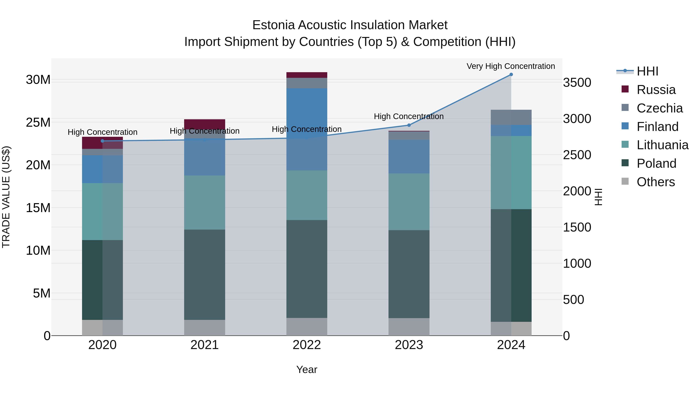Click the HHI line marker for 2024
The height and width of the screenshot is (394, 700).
point(511,75)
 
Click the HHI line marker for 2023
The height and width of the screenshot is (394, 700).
point(409,125)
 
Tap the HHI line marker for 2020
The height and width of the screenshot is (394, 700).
point(102,141)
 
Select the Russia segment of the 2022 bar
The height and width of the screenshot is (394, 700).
point(307,75)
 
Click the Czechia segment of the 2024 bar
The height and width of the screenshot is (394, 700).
point(511,118)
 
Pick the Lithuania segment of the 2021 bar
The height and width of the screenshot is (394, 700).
point(205,203)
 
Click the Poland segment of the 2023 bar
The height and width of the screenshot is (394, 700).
point(409,274)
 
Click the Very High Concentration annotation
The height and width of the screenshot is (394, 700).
point(511,66)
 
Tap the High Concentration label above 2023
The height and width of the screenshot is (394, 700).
point(409,116)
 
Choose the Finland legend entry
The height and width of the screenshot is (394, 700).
point(657,127)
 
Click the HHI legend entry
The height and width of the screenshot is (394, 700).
point(647,71)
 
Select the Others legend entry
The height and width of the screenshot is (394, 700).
point(655,182)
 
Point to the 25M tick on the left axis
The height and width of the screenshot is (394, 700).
point(38,123)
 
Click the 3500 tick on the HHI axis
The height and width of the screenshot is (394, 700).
point(577,83)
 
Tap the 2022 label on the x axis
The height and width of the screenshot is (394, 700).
point(307,345)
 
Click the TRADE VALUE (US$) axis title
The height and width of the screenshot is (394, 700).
point(6,197)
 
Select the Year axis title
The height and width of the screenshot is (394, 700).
point(307,369)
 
